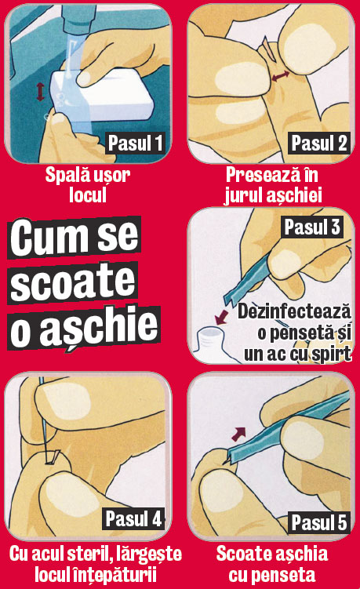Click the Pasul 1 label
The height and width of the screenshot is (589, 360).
(135, 143)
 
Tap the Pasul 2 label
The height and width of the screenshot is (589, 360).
(318, 143)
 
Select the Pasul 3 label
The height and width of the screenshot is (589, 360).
(312, 227)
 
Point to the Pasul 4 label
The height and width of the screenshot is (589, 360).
(133, 518)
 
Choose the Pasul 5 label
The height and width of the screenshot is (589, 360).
(318, 522)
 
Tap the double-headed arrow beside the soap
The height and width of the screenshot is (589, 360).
(40, 92)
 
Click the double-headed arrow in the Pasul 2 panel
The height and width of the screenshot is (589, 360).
(281, 76)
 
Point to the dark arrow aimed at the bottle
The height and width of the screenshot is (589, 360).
(222, 317)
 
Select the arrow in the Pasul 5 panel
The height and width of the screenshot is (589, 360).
(238, 434)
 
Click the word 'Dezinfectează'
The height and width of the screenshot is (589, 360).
(294, 311)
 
